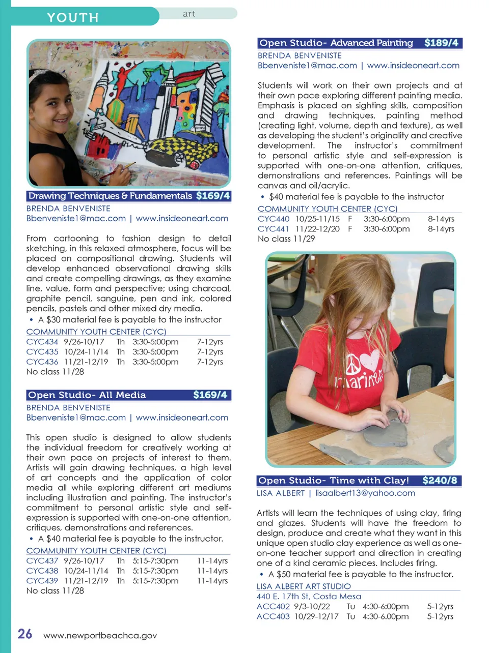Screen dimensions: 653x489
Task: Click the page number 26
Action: coord(25,634)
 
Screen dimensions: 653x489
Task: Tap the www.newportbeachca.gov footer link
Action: coord(100,635)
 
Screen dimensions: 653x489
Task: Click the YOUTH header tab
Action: coord(73,17)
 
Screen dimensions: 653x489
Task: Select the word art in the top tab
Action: coord(189,14)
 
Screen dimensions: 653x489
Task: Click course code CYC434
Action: coord(42,342)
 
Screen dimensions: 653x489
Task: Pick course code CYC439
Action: coord(42,581)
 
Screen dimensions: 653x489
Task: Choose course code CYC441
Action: coord(274,229)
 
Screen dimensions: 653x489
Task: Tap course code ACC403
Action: coord(273,616)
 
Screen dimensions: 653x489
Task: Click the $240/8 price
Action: coord(440,481)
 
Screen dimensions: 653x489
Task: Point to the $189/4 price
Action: coord(441,43)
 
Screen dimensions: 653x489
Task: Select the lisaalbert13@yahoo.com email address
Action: coord(365,493)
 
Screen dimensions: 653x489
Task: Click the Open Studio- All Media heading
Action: coord(87,395)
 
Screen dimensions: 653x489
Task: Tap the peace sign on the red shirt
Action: coord(353,364)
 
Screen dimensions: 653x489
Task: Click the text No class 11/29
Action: coord(286,239)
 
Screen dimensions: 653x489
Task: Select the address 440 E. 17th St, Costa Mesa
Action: coord(309,597)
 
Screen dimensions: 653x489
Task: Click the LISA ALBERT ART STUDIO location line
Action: coord(304,586)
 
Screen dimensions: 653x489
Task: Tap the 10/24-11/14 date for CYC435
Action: coord(86,352)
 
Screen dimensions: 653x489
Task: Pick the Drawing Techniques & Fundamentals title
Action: coord(110,196)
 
